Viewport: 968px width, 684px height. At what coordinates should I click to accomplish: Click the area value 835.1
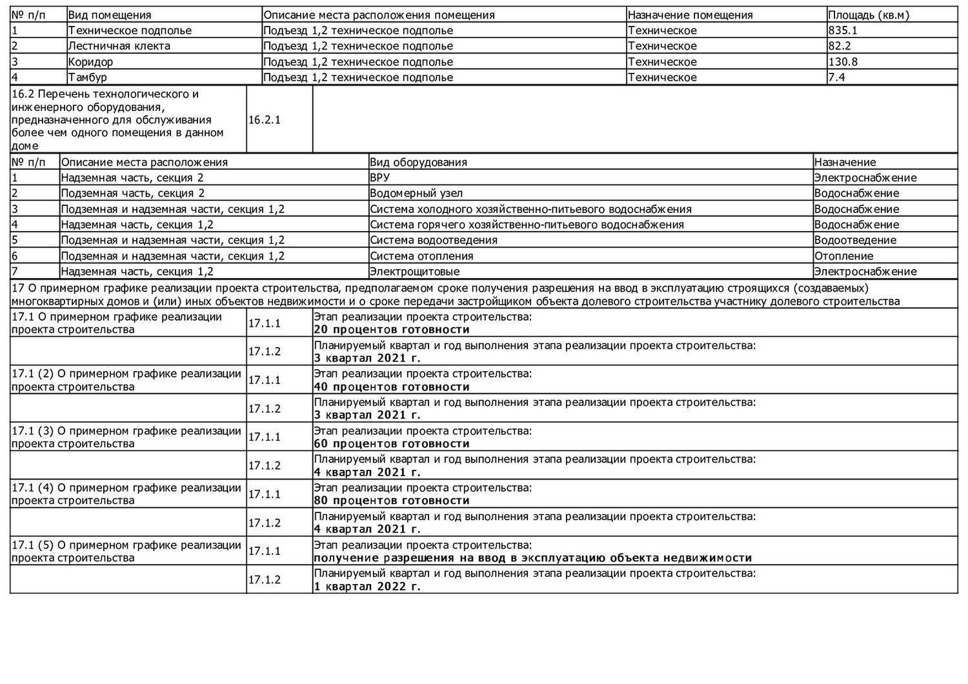(x=843, y=30)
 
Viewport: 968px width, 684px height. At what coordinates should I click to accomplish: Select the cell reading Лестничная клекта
(x=119, y=46)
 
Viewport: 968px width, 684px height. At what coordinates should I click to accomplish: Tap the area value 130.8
(x=843, y=62)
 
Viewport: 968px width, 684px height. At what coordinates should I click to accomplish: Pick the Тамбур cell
(x=88, y=77)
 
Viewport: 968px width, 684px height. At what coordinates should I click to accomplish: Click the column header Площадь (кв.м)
(x=868, y=15)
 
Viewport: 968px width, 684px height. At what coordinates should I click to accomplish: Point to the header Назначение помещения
(x=690, y=15)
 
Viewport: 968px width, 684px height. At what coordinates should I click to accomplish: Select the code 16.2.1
(x=265, y=120)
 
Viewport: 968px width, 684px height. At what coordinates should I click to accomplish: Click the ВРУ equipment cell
(x=379, y=177)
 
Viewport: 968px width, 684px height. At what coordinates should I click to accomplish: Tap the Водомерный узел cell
(x=416, y=193)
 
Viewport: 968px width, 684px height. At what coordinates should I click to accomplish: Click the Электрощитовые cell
(x=414, y=272)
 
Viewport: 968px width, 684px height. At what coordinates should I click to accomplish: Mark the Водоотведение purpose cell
(x=855, y=240)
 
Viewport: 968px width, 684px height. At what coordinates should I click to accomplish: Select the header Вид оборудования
(x=418, y=162)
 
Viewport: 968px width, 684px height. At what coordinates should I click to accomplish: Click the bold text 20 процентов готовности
(x=392, y=330)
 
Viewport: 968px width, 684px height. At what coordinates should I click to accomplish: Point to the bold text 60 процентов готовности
(x=392, y=444)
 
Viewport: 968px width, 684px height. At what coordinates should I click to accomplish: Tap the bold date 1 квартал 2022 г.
(x=367, y=587)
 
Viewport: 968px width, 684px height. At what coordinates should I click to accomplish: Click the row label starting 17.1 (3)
(x=126, y=437)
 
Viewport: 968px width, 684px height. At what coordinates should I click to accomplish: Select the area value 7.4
(x=836, y=77)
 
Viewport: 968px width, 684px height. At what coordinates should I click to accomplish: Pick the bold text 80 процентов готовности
(x=392, y=501)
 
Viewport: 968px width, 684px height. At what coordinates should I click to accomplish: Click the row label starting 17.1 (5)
(x=126, y=551)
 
